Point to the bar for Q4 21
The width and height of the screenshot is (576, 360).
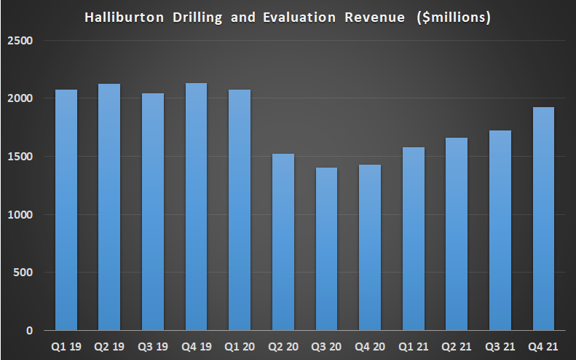tap(544, 219)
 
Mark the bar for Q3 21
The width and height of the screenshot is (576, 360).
tap(500, 230)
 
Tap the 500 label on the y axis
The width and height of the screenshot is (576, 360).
tap(26, 273)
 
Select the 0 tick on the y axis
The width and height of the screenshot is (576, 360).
tap(30, 331)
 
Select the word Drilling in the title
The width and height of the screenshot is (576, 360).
tap(200, 17)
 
